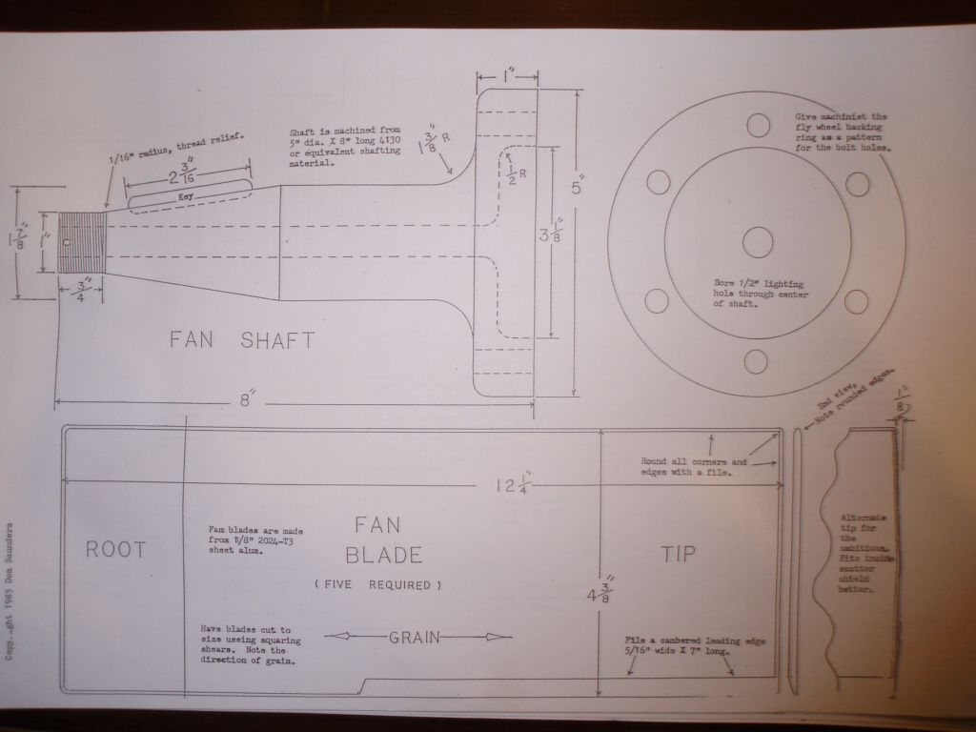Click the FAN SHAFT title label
(x=241, y=340)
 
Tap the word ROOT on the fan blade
(x=115, y=549)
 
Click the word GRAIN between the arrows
(x=414, y=638)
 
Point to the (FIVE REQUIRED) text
(x=377, y=584)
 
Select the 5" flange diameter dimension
(x=577, y=188)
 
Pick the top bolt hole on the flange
(x=757, y=125)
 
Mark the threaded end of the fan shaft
(x=80, y=244)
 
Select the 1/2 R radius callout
(x=514, y=173)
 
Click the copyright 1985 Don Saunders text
(x=10, y=591)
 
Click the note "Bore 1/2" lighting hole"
(x=757, y=294)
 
